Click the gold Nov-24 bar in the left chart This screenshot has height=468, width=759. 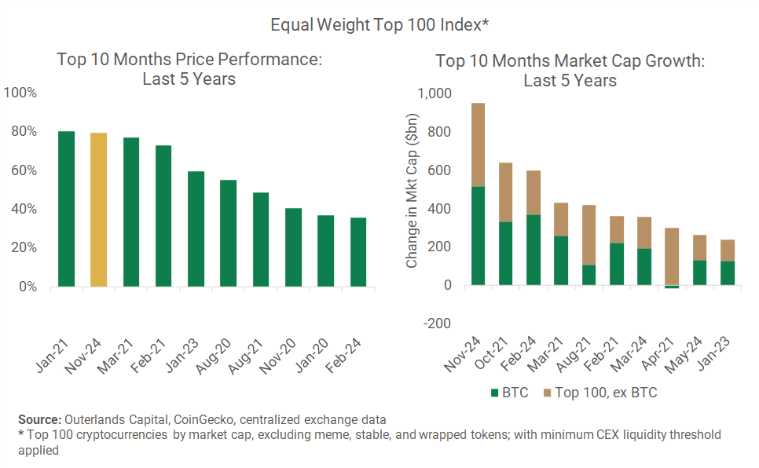coord(99,210)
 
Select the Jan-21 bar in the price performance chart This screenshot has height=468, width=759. coord(67,209)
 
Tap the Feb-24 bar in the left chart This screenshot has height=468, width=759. coord(358,252)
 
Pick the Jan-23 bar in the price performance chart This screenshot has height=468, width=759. coord(196,229)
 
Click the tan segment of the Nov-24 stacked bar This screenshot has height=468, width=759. coord(478,144)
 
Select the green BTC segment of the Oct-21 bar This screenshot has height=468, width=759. coord(505,253)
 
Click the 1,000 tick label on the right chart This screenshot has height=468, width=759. coord(435,93)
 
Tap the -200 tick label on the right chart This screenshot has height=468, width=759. coord(438,324)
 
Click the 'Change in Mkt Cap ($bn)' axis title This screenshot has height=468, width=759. coord(412,191)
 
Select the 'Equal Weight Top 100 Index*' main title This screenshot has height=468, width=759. coord(380,24)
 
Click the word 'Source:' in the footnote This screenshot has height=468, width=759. coord(40,419)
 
